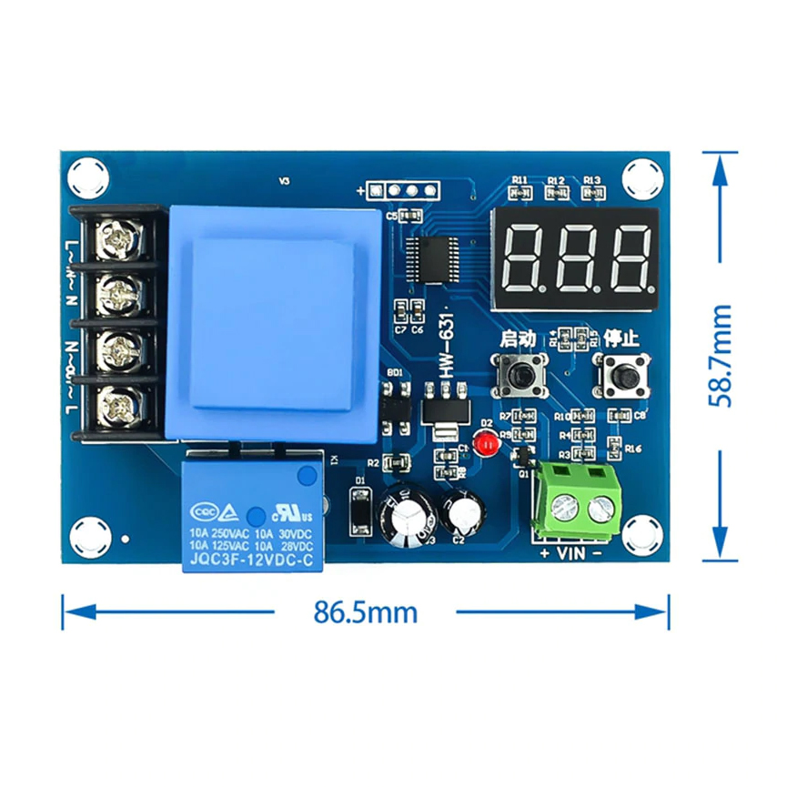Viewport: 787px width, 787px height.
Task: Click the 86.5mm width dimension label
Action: coord(366,612)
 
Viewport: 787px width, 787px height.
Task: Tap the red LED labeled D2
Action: coord(486,443)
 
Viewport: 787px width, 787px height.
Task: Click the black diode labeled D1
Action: coord(360,513)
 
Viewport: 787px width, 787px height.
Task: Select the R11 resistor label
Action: coord(520,180)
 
